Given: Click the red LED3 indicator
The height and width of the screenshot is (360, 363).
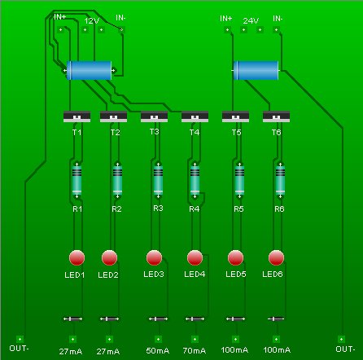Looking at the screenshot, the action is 154,257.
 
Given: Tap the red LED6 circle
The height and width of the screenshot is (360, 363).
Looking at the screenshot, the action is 276,257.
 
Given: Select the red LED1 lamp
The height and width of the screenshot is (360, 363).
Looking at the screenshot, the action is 77,257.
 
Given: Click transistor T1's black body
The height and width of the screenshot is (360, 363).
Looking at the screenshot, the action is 77,116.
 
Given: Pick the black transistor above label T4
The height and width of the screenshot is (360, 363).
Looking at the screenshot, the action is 195,116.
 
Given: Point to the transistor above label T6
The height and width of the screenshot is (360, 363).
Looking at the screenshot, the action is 276,116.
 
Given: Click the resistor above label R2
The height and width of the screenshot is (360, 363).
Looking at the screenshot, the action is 117,180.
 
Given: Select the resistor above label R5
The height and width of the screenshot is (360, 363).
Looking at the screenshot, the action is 239,180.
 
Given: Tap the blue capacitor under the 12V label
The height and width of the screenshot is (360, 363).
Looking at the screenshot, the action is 90,71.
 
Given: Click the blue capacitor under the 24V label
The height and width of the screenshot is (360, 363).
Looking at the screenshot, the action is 256,71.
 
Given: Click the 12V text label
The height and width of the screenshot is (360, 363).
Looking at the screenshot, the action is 91,21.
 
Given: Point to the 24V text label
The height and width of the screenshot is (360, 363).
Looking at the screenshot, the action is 251,20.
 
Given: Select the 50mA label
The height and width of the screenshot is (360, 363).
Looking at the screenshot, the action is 158,351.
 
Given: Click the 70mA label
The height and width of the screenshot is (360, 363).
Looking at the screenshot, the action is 195,351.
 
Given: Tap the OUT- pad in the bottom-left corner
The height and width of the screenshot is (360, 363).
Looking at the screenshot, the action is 20,339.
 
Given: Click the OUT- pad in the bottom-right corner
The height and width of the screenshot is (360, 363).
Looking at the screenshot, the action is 341,339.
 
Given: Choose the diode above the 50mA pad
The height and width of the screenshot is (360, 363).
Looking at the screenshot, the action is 158,318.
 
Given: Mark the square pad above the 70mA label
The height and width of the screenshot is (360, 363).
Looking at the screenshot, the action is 195,339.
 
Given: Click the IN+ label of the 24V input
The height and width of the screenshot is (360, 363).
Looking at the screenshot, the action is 226,19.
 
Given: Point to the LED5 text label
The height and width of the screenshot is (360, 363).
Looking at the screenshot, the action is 236,274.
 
